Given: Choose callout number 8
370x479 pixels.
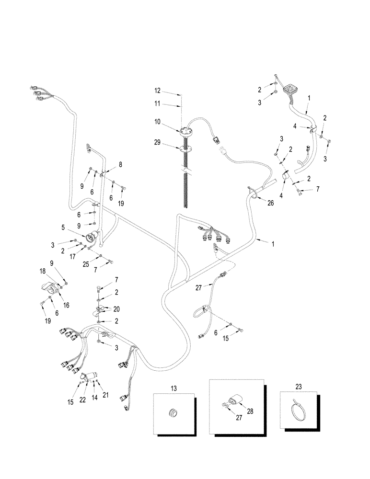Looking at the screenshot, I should click(120, 164).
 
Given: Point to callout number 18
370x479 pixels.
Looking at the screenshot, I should click(43, 271).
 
